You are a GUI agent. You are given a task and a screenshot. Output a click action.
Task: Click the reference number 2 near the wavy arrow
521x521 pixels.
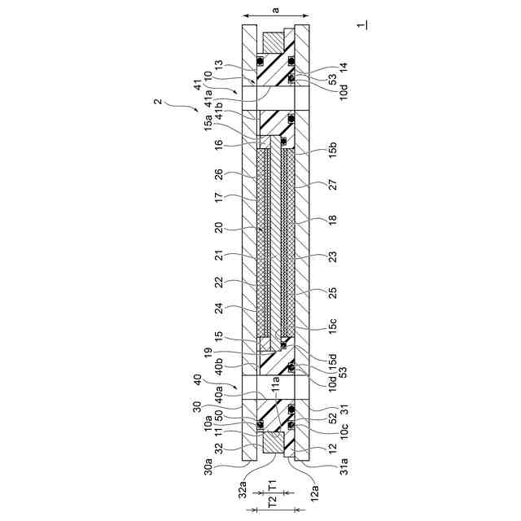pyautogui.click(x=159, y=101)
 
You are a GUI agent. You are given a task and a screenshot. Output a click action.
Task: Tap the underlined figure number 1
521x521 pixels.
pyautogui.click(x=361, y=25)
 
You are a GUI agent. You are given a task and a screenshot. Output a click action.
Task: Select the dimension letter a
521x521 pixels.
pyautogui.click(x=275, y=10)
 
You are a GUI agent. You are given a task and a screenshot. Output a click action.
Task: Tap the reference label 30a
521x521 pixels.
pyautogui.click(x=208, y=466)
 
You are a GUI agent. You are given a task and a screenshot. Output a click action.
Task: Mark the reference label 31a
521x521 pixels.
pyautogui.click(x=344, y=466)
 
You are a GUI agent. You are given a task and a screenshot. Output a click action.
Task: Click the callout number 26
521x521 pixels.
pyautogui.click(x=219, y=175)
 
